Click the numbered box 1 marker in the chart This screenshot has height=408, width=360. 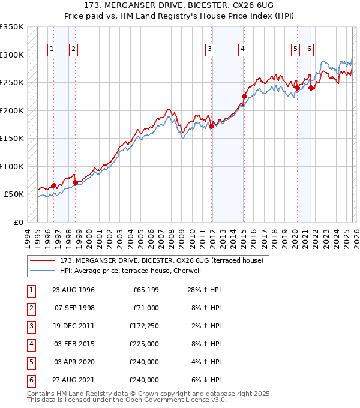click(53, 49)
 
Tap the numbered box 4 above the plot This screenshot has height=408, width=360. click(242, 49)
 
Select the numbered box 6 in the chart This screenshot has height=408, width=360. click(309, 49)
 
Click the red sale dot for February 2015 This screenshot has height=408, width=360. click(244, 96)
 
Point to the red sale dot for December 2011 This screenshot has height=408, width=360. click(212, 126)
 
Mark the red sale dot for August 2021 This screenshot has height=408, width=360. click(311, 88)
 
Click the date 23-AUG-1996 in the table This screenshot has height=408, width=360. click(74, 290)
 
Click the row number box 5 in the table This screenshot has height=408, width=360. click(30, 362)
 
